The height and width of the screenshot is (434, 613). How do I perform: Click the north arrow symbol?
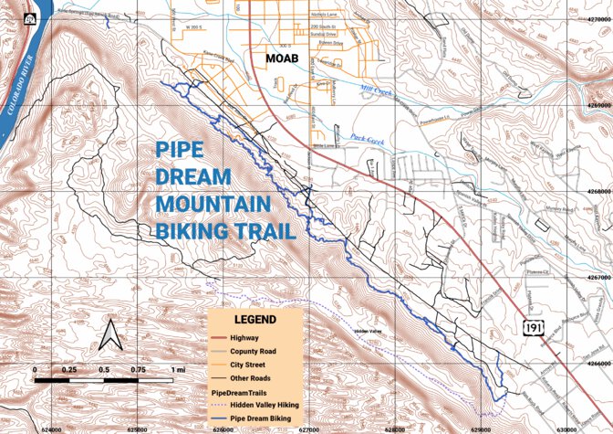(x=110, y=335)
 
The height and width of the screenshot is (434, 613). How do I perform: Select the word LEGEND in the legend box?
(x=255, y=320)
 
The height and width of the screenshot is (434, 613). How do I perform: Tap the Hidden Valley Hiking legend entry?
(x=265, y=402)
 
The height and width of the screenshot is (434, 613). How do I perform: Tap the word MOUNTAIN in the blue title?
(x=213, y=203)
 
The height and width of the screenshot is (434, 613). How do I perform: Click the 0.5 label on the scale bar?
(x=104, y=369)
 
